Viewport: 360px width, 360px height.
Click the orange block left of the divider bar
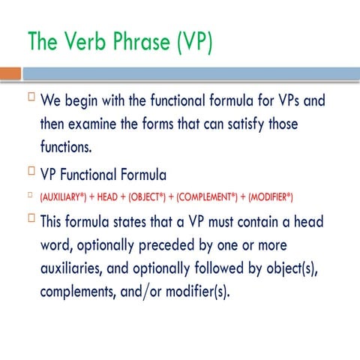pos(10,73)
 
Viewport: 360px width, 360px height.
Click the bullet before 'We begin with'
pos(31,97)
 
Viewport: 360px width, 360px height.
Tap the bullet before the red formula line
pos(31,196)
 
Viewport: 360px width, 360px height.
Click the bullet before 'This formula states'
pos(31,218)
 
